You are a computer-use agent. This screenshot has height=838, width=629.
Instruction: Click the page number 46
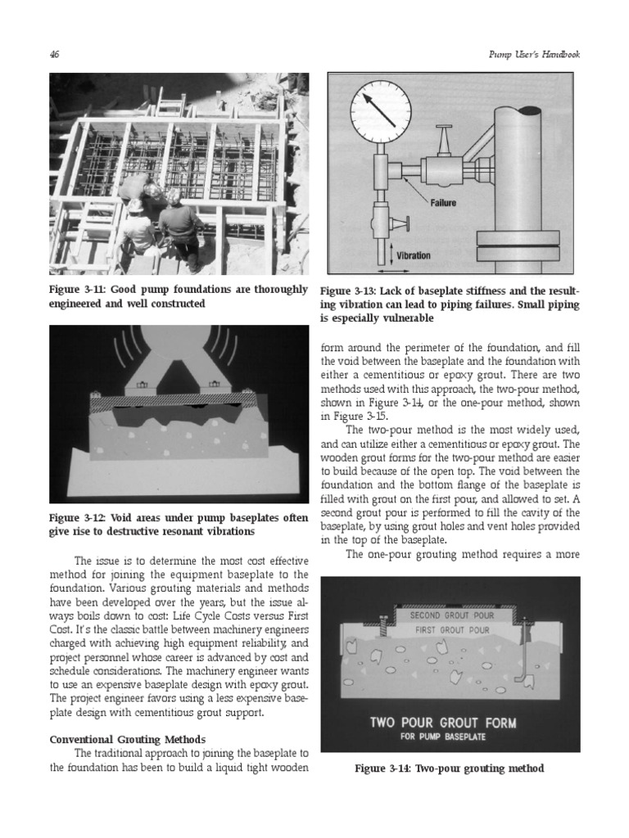[x=55, y=55]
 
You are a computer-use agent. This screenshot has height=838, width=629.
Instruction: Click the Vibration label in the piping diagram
[x=413, y=255]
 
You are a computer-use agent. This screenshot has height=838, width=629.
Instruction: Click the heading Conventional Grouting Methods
[x=127, y=737]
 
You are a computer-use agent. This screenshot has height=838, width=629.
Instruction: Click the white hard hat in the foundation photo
[x=136, y=206]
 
